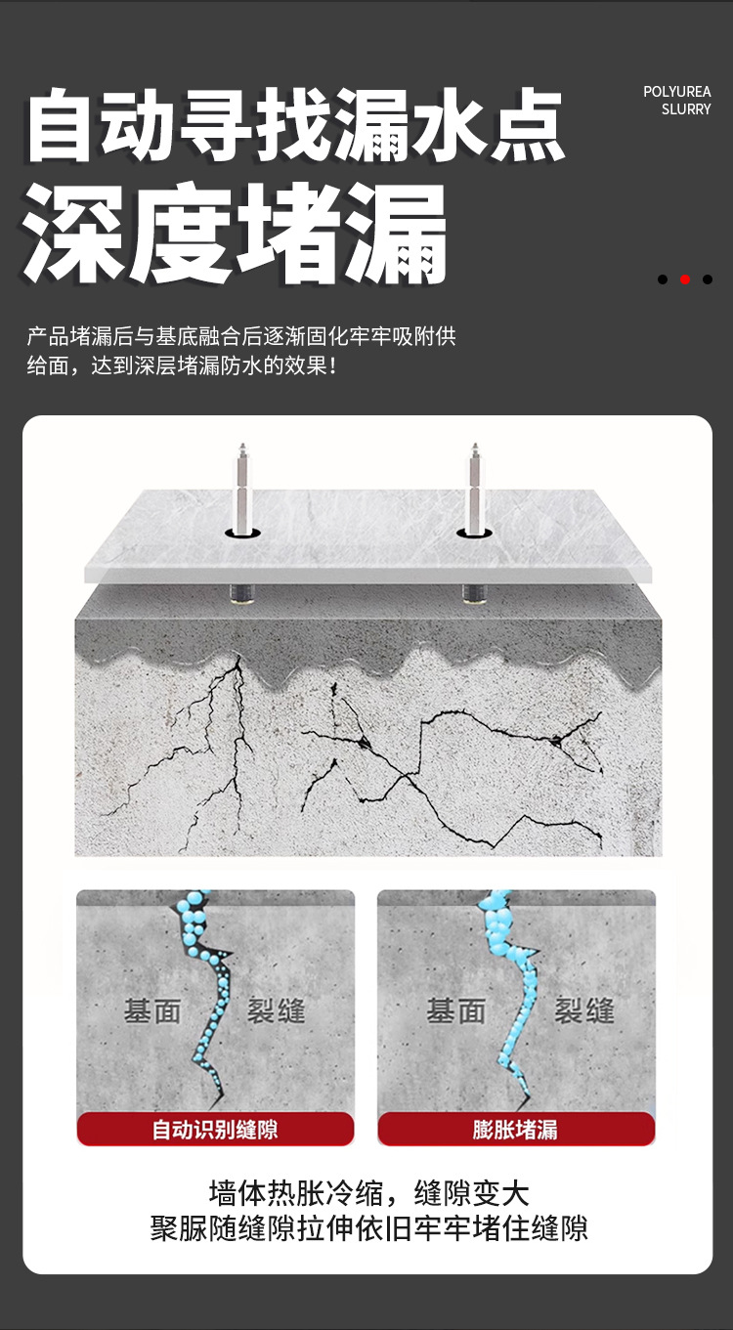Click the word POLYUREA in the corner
click(x=676, y=92)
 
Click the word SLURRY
click(x=686, y=109)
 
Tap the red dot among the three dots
click(x=685, y=279)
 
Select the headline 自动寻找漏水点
click(x=296, y=126)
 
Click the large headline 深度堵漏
click(x=236, y=235)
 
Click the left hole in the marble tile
click(x=241, y=533)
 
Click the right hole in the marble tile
click(x=474, y=533)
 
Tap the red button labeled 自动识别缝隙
click(x=215, y=1130)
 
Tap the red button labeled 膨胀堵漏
click(x=516, y=1130)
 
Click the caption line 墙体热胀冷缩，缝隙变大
click(x=368, y=1193)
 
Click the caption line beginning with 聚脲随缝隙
click(x=368, y=1228)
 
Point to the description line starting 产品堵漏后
click(x=241, y=337)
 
